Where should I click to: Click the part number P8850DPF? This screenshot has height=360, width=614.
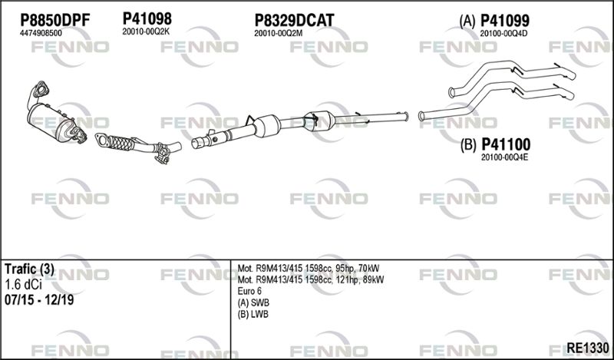(x=54, y=21)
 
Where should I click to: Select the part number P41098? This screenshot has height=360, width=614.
(x=147, y=18)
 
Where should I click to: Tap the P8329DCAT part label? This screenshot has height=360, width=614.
(x=294, y=21)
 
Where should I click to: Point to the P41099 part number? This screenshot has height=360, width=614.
(x=504, y=21)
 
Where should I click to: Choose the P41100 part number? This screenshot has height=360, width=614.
(x=506, y=144)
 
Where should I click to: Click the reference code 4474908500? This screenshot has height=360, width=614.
(x=41, y=33)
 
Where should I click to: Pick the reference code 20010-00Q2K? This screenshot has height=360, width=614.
(x=146, y=31)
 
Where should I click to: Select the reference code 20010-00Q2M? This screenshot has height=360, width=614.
(x=279, y=33)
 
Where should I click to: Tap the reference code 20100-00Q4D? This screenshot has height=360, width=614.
(x=503, y=33)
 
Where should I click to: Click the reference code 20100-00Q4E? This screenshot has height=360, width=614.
(x=504, y=157)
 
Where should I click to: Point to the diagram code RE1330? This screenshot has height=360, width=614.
(x=588, y=348)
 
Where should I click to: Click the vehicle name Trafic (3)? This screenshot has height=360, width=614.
(x=29, y=269)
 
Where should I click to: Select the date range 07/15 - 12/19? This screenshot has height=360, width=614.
(x=39, y=300)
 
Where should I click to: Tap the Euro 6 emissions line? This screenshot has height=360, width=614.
(x=249, y=291)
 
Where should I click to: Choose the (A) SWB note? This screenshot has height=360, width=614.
(x=253, y=302)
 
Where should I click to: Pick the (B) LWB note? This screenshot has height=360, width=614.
(x=253, y=314)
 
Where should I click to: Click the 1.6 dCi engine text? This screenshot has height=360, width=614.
(x=23, y=285)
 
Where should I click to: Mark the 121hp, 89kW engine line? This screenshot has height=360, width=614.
(x=311, y=279)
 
